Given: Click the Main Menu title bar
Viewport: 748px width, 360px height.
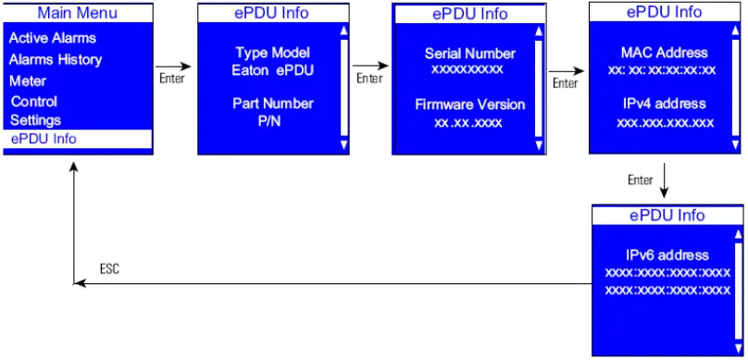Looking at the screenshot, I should coord(78,14).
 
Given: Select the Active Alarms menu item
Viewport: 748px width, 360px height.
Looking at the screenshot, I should coord(53,38).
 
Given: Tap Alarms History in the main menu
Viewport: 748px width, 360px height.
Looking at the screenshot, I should coord(56,59).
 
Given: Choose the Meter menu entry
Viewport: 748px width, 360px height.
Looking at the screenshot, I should coord(28,81).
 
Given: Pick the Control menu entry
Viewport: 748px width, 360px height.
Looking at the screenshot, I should coord(34,101).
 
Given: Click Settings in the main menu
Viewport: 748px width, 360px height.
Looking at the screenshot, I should coord(35,119).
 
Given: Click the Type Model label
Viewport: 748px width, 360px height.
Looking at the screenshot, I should coord(272,53).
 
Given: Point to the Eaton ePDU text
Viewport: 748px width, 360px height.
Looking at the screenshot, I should coord(272,68).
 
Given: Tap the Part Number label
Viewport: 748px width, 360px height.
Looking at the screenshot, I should coord(272,104).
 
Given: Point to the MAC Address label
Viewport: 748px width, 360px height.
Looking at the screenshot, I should coord(664,53).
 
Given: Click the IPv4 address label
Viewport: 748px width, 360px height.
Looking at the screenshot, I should coord(664,104).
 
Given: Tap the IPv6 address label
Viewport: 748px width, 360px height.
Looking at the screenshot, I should coord(667,255).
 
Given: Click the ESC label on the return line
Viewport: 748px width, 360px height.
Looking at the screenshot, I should coord(109,269).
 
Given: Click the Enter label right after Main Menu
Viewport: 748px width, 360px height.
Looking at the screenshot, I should coord(172,79).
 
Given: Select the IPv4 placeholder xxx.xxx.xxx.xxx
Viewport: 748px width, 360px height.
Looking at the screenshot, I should coord(665,122).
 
